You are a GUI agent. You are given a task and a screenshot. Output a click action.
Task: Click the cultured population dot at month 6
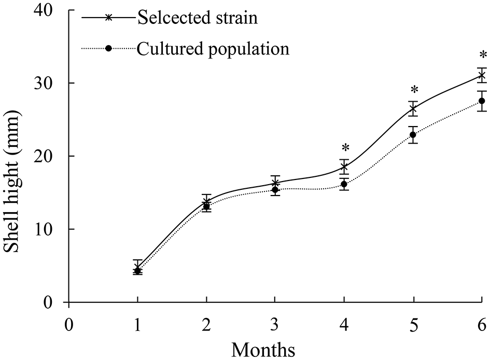tap(482, 101)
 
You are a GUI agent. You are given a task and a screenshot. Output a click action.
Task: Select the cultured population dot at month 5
tap(413, 135)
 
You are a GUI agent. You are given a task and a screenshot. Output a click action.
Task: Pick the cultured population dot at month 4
tap(344, 184)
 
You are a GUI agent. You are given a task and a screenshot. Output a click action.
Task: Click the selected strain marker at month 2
tap(206, 201)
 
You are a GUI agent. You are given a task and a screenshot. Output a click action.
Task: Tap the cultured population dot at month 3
tap(275, 190)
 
